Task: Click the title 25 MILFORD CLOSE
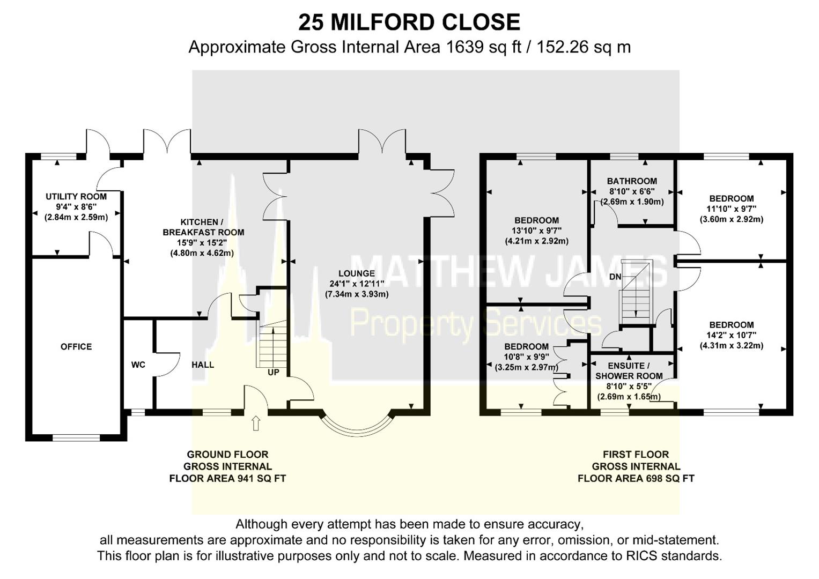409,23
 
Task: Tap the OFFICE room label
76,347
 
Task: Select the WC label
138,365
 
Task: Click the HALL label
203,365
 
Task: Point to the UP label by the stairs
273,372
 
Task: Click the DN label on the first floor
615,277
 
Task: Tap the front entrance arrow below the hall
256,423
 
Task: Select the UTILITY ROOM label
76,197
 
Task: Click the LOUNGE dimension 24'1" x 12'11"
357,284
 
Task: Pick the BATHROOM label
632,181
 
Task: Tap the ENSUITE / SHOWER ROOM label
629,371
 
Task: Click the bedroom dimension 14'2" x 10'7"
731,336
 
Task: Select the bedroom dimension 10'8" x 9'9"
526,357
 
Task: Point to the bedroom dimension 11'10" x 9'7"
731,209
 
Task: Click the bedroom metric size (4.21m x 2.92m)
536,241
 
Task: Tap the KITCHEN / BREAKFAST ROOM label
203,227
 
